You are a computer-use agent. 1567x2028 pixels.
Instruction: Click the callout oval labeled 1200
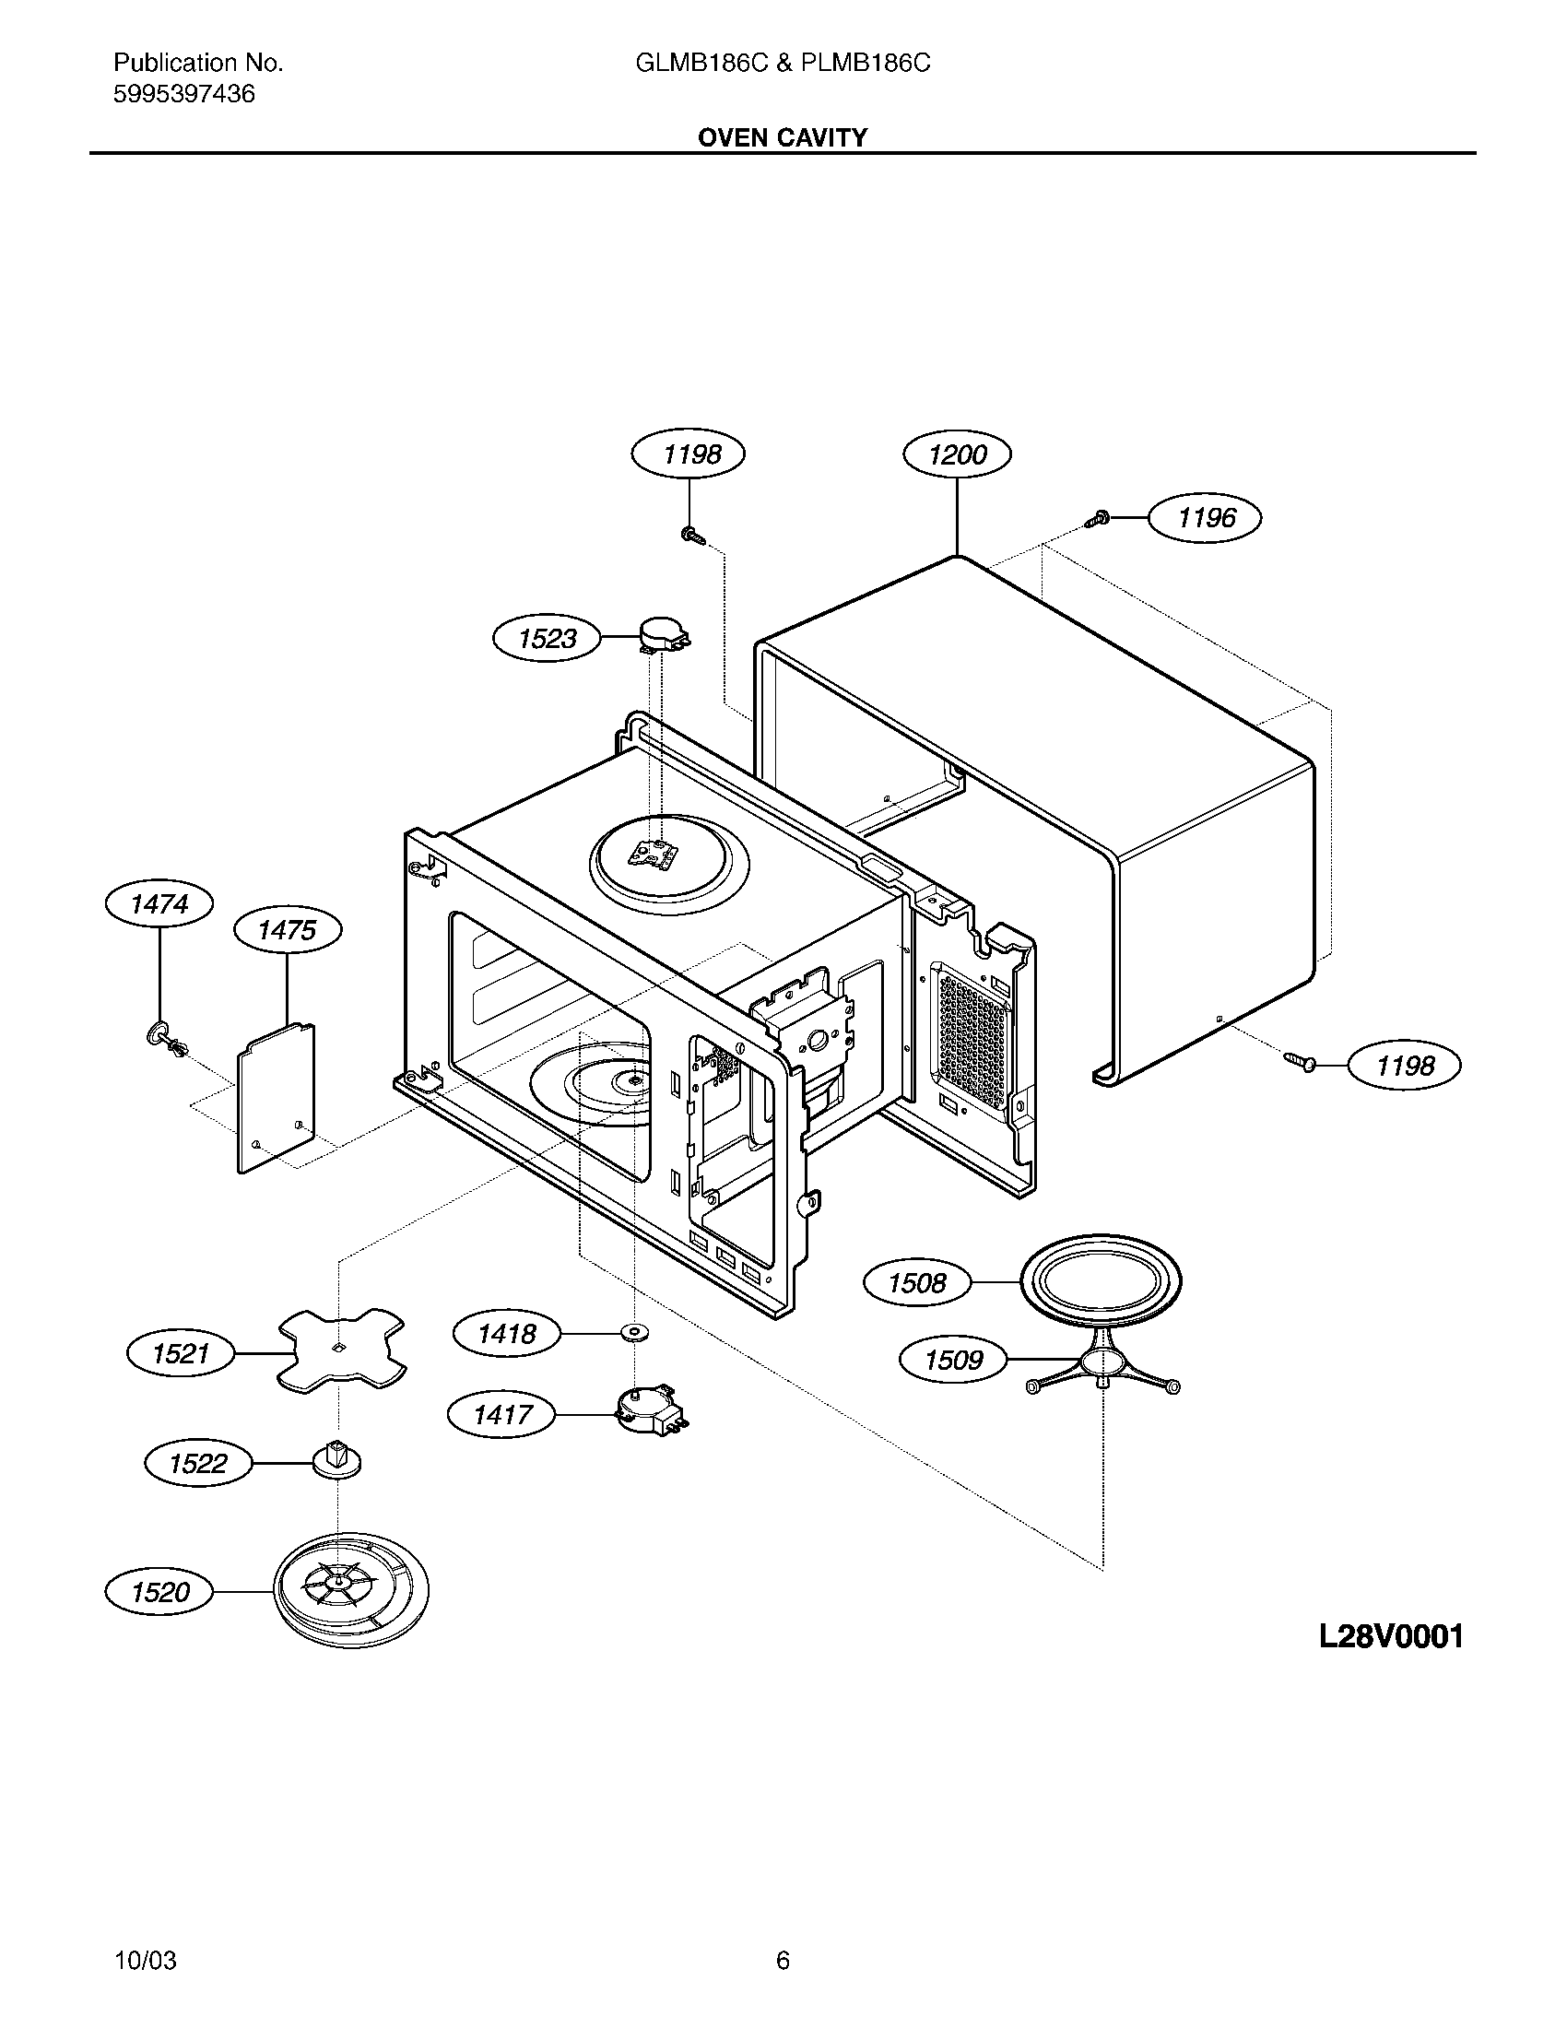click(x=957, y=454)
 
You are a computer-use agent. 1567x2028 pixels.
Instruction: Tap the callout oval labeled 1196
click(x=1205, y=517)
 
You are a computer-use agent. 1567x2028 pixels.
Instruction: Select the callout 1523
click(x=547, y=638)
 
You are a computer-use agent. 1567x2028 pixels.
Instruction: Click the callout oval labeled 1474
click(x=159, y=903)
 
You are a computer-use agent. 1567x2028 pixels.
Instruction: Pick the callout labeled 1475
click(x=287, y=929)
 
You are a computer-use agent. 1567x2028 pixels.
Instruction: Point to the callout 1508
click(x=917, y=1282)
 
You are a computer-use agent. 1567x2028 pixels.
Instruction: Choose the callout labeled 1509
click(x=953, y=1361)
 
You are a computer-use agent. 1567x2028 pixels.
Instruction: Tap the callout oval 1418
click(x=507, y=1335)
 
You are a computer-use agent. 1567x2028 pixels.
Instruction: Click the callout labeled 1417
click(x=502, y=1415)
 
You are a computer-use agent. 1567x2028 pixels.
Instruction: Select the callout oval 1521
click(x=181, y=1353)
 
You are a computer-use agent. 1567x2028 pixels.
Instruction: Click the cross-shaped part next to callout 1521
click(x=341, y=1350)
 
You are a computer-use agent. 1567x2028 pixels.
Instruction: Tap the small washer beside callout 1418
click(x=634, y=1334)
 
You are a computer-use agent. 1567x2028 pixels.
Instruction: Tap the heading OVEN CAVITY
click(x=783, y=137)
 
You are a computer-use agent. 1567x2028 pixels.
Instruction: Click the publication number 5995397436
click(x=183, y=94)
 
